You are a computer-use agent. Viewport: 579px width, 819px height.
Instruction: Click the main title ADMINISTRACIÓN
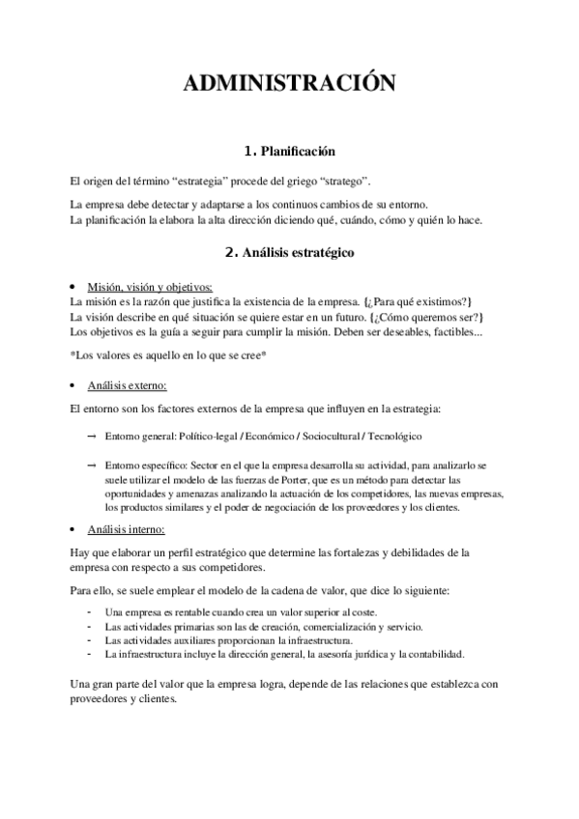click(290, 84)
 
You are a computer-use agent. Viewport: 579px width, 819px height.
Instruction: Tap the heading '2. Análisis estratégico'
click(290, 253)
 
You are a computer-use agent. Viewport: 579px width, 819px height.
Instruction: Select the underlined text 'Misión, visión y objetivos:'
click(150, 287)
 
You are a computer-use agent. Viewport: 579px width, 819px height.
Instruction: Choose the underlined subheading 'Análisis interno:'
click(126, 529)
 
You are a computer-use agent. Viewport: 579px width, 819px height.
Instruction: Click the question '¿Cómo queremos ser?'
click(425, 317)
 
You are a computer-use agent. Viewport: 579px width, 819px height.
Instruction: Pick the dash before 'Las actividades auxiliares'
click(89, 639)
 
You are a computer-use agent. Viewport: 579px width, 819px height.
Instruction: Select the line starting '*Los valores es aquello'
click(168, 355)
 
